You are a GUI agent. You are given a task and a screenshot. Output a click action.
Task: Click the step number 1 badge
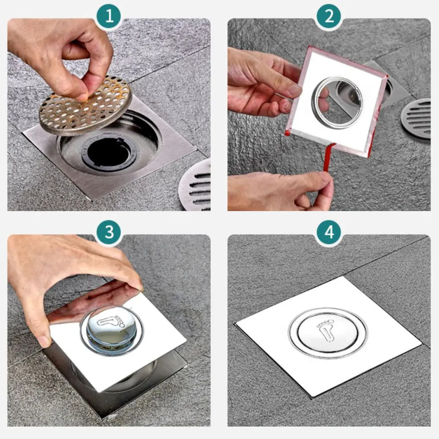[109, 16]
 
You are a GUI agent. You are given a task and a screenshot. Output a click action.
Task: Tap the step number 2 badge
[329, 16]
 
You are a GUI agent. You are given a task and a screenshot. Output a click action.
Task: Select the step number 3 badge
[109, 232]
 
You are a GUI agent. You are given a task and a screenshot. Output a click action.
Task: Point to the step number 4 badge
[329, 232]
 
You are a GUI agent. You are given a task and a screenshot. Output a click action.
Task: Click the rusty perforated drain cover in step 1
[86, 106]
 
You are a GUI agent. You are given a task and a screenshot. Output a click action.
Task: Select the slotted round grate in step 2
[416, 118]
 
